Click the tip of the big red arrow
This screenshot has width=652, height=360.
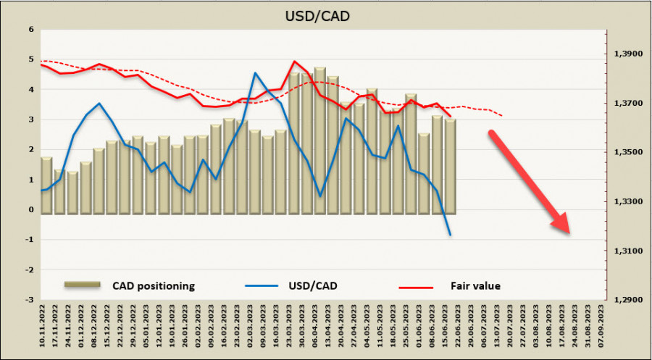(569, 233)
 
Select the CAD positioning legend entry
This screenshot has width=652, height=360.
(153, 285)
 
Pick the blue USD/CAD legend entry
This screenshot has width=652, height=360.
(312, 285)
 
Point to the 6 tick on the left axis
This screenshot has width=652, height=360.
(30, 30)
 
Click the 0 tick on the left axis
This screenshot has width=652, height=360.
(30, 209)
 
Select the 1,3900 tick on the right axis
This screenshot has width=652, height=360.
(628, 54)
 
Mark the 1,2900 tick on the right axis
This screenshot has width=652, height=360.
(628, 299)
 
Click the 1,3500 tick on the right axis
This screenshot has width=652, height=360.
(628, 152)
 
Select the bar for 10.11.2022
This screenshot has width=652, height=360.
(46, 185)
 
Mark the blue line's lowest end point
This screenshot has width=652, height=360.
(451, 235)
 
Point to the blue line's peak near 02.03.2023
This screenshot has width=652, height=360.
(255, 72)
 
